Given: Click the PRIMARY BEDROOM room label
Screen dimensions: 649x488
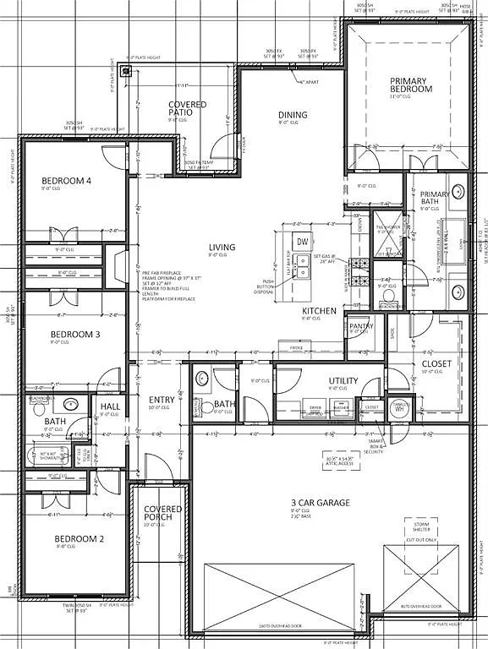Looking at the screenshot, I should (410, 85).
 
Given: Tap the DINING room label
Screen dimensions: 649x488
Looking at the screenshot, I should (293, 115).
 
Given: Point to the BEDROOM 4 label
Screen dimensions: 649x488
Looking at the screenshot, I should (66, 181).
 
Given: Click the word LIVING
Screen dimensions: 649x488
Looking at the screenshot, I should (222, 248).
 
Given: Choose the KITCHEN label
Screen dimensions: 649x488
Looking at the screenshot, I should (320, 311).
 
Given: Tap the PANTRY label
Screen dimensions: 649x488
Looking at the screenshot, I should (361, 326).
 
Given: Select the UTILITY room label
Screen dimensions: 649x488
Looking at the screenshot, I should (343, 381).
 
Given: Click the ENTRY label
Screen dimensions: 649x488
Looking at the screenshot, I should (162, 401).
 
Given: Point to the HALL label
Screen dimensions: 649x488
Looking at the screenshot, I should (110, 407).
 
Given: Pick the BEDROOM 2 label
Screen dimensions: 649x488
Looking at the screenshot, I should (79, 538).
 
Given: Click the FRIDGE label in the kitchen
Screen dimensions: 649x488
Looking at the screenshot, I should (297, 347).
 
